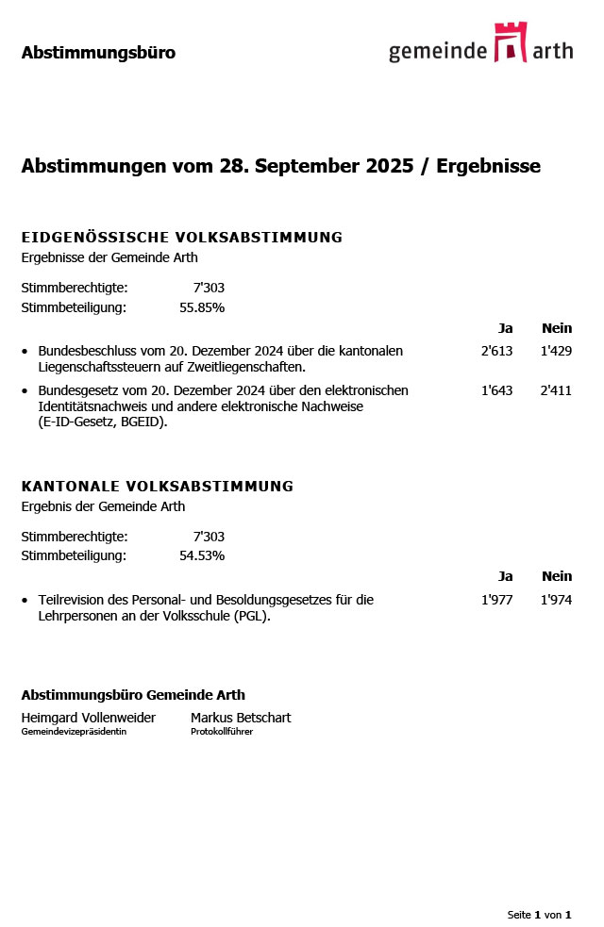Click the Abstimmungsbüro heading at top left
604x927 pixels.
coord(98,53)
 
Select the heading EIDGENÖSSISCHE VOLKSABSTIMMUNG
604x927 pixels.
coord(181,238)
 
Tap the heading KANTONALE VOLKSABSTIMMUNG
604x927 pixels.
coord(157,487)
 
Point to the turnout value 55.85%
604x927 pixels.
coord(202,307)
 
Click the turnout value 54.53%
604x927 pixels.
coord(202,555)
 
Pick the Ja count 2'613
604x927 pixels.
coord(496,351)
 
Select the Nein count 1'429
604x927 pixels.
coord(556,351)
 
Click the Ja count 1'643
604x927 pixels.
coord(496,390)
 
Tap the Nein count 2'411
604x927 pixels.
coord(556,390)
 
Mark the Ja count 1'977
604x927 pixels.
coord(496,600)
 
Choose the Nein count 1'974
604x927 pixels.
coord(556,600)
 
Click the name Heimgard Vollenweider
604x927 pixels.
coord(88,718)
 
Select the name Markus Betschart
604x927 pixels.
coord(241,718)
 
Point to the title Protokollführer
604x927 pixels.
coord(222,732)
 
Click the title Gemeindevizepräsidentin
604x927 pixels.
coord(74,732)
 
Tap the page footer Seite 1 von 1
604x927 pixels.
coord(539,915)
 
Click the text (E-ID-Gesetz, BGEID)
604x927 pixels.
coord(103,422)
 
